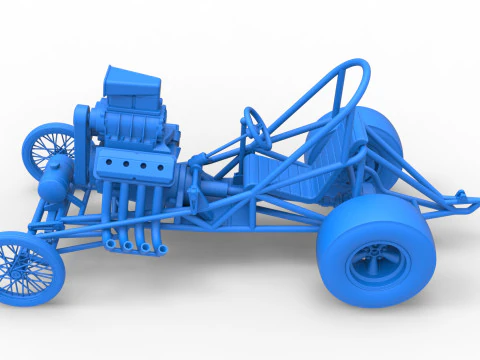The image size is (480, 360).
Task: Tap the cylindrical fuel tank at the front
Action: (52, 178)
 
